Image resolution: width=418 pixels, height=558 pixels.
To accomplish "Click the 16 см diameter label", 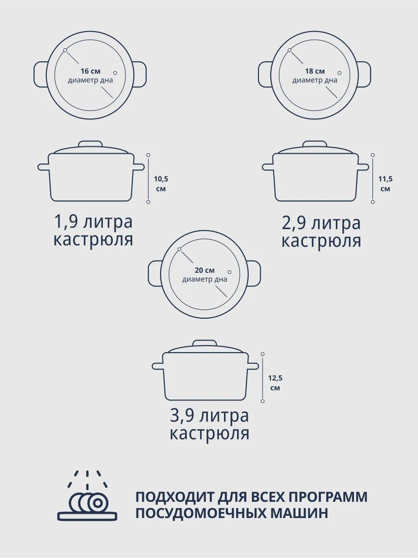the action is (91, 71).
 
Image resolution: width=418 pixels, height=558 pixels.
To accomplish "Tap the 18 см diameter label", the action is (315, 71).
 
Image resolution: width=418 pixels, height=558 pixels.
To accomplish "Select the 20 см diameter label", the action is (204, 270).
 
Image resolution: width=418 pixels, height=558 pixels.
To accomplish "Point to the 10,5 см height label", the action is (161, 184).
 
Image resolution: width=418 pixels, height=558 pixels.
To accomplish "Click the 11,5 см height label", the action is (385, 184).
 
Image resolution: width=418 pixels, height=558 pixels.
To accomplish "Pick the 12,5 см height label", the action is (275, 383).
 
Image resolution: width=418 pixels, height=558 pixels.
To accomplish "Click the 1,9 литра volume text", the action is (93, 222).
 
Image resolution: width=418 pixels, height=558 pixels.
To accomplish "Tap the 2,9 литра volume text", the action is (321, 224).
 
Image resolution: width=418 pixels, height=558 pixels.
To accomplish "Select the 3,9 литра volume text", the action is (209, 416).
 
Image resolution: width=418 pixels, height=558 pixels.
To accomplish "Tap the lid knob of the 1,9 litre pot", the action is (91, 144).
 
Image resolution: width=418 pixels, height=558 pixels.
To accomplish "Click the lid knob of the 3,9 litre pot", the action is (205, 343).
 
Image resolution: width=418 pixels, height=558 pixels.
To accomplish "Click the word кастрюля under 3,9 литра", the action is (209, 434).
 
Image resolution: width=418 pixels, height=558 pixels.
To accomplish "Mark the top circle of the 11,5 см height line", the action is (373, 155).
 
